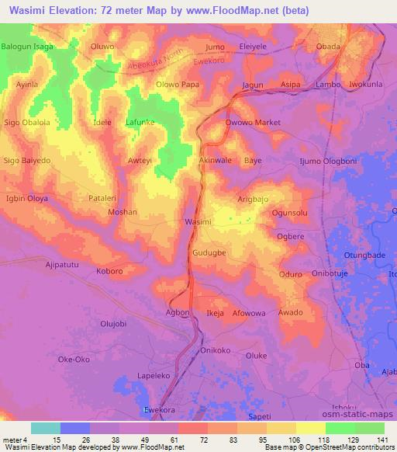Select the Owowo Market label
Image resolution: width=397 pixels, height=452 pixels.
pyautogui.click(x=252, y=123)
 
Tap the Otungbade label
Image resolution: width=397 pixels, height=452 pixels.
pyautogui.click(x=359, y=256)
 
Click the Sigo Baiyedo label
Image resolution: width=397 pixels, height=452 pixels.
pyautogui.click(x=27, y=160)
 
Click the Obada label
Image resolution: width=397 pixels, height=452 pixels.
pyautogui.click(x=329, y=47)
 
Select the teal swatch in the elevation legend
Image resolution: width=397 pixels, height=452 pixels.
pyautogui.click(x=46, y=428)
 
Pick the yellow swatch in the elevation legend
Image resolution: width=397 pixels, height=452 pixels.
pyautogui.click(x=310, y=428)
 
